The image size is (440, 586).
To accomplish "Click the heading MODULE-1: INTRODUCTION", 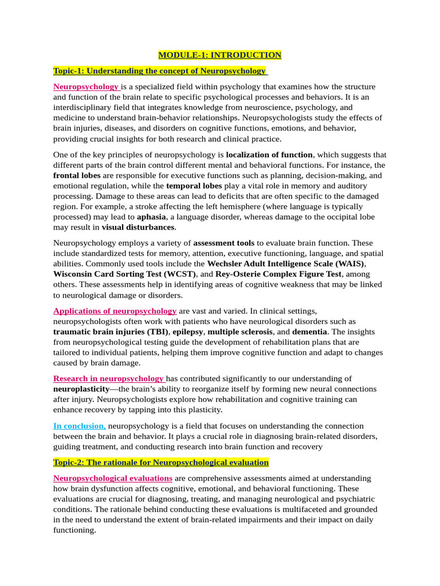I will [220, 55].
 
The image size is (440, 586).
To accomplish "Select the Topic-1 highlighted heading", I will [160, 71].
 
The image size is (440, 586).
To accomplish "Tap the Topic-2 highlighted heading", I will [161, 462].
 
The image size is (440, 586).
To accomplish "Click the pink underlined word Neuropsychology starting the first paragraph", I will [86, 87].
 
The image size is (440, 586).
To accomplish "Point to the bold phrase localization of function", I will [269, 155].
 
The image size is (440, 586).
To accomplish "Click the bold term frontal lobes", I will [77, 175].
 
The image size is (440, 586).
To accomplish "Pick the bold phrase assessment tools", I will [223, 243].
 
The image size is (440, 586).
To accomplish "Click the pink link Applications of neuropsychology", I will [115, 311].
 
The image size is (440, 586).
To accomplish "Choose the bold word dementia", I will [309, 331].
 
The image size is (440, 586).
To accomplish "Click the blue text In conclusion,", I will [79, 426].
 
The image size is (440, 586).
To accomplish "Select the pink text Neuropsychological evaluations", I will [113, 478].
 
